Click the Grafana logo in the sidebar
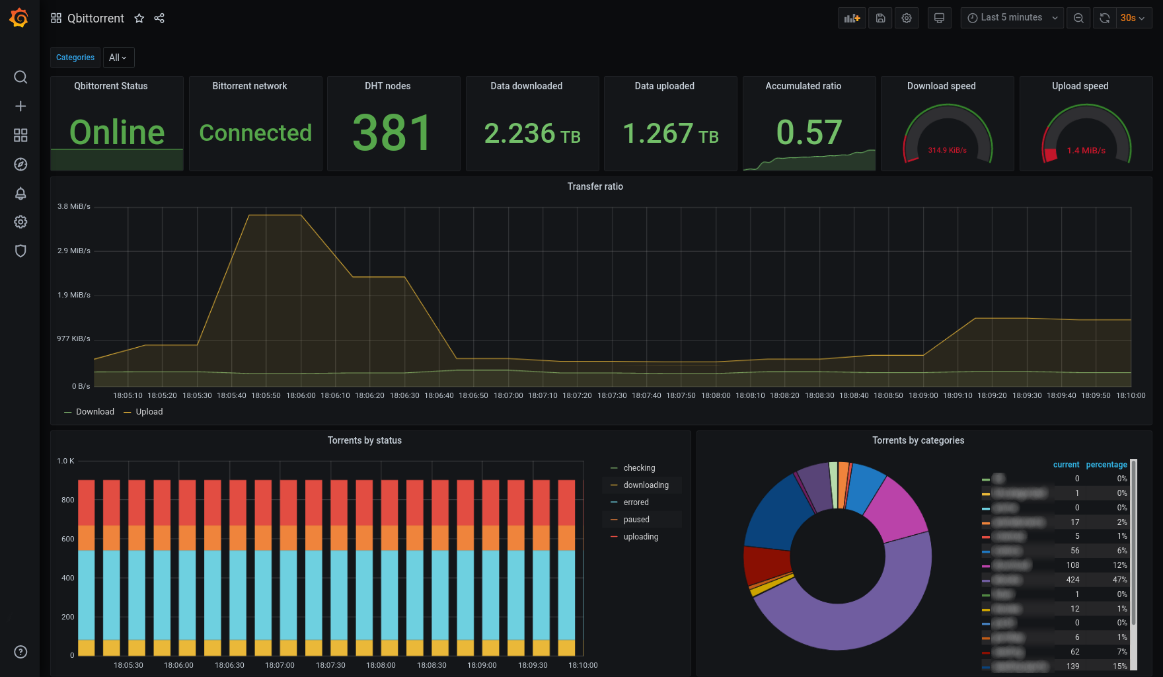click(x=19, y=18)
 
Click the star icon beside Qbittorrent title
click(x=139, y=19)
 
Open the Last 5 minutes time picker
click(x=1012, y=18)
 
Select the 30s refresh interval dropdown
click(x=1133, y=18)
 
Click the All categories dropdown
click(x=118, y=58)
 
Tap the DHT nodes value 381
click(x=393, y=133)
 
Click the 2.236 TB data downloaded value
click(x=532, y=134)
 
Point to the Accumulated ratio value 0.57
click(x=809, y=132)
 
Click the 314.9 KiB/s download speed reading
click(x=947, y=150)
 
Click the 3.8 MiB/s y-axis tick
click(x=74, y=206)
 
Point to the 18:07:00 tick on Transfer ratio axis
click(x=508, y=395)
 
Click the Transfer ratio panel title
click(x=595, y=186)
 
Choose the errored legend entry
click(x=636, y=502)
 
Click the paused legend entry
click(x=636, y=520)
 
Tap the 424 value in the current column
click(x=1072, y=580)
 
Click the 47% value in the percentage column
click(x=1119, y=580)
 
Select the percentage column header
click(x=1106, y=465)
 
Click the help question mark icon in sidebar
click(x=20, y=652)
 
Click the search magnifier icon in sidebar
click(x=20, y=77)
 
